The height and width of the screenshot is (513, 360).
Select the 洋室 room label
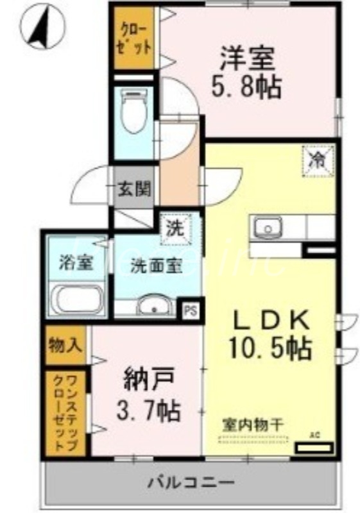click(249, 60)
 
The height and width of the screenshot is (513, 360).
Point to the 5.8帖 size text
click(247, 87)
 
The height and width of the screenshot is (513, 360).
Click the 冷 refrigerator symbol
click(318, 158)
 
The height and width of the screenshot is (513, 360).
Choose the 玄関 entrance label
click(134, 189)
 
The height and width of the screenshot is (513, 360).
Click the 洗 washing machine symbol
click(173, 227)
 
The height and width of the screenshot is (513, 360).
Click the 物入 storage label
click(66, 344)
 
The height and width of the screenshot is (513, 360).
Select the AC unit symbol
click(314, 446)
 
